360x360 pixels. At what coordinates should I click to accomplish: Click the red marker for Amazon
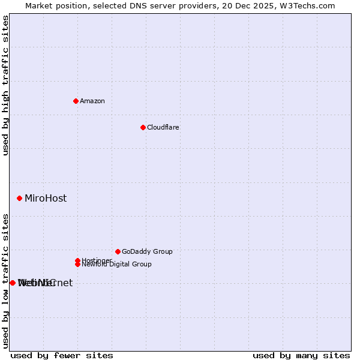[76, 101]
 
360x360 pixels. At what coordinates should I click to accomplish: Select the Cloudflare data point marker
[143, 127]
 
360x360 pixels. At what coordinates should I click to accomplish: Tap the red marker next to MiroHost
[19, 198]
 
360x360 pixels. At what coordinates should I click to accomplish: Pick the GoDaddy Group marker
[118, 251]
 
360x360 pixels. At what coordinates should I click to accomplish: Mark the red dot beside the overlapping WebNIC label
[12, 283]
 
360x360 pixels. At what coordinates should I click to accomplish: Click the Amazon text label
[92, 101]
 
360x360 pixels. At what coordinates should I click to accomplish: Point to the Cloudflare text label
[163, 127]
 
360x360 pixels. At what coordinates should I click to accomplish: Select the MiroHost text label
[46, 198]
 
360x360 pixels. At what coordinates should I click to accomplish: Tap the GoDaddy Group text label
[147, 251]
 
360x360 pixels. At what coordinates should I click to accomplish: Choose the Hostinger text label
[97, 260]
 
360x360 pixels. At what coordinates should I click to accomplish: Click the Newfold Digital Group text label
[116, 265]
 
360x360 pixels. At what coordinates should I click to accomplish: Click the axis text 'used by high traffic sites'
[6, 85]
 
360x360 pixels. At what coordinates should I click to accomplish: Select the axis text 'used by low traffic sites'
[6, 281]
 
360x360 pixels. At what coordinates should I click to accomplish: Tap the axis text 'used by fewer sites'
[62, 355]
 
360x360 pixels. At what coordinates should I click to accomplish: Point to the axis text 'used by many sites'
[301, 355]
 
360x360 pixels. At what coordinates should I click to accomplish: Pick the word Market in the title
[38, 6]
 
